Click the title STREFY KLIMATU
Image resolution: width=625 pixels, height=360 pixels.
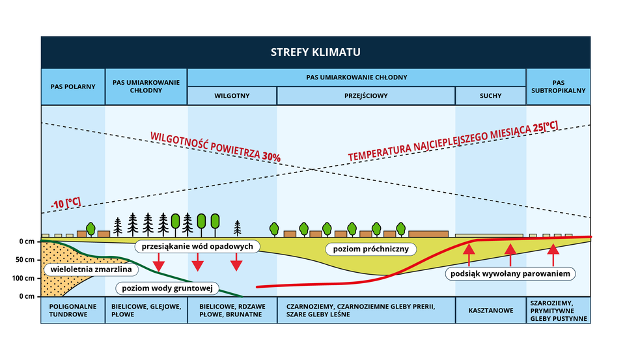point(316,52)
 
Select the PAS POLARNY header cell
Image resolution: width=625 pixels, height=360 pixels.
point(73,87)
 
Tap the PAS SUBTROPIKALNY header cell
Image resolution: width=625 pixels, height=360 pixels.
point(558,87)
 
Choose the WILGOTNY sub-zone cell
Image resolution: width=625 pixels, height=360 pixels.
point(232,96)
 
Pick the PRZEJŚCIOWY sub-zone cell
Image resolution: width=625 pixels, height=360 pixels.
point(365,96)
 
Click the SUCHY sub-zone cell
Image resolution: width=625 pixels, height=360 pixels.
point(490,96)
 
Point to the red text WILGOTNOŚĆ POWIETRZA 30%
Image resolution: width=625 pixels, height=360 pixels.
point(215,147)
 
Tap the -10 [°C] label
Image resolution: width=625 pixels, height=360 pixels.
point(66,202)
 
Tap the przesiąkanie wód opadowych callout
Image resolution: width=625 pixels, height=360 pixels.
point(198,247)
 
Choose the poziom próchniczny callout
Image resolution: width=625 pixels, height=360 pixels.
point(370,249)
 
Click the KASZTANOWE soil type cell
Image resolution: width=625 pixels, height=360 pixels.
point(490,311)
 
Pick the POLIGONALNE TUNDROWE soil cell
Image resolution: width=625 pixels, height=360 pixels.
point(73,311)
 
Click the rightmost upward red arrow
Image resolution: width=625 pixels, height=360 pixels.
point(553,255)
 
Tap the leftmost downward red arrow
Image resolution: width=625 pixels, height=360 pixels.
point(158,262)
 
